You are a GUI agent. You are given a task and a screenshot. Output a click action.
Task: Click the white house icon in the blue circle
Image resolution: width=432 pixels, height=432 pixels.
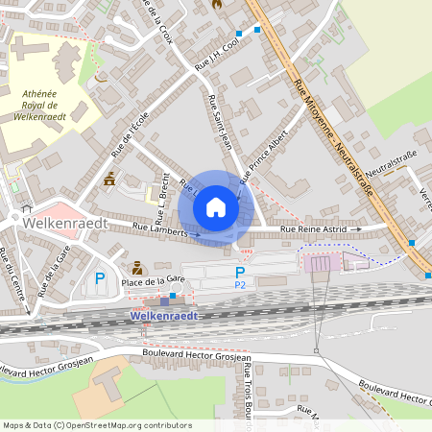tap(216, 206)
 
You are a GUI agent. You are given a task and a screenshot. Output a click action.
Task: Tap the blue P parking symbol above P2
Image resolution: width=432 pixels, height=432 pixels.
tap(240, 273)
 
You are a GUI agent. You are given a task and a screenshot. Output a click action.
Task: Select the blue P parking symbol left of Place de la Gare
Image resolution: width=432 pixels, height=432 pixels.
tap(99, 279)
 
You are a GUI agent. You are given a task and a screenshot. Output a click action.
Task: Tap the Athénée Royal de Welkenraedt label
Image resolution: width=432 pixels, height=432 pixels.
tap(39, 105)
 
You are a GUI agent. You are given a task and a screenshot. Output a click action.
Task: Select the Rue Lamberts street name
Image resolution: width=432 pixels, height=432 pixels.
tap(158, 228)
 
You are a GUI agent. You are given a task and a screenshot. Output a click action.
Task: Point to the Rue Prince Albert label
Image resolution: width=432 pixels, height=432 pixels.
tap(264, 153)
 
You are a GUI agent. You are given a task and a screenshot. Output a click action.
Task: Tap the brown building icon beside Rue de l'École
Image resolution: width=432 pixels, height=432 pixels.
tap(109, 179)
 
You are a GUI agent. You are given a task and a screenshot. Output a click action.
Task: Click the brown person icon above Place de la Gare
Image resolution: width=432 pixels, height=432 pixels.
tap(137, 267)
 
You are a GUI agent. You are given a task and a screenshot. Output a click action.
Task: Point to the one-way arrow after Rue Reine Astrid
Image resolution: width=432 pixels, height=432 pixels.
tap(357, 230)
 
